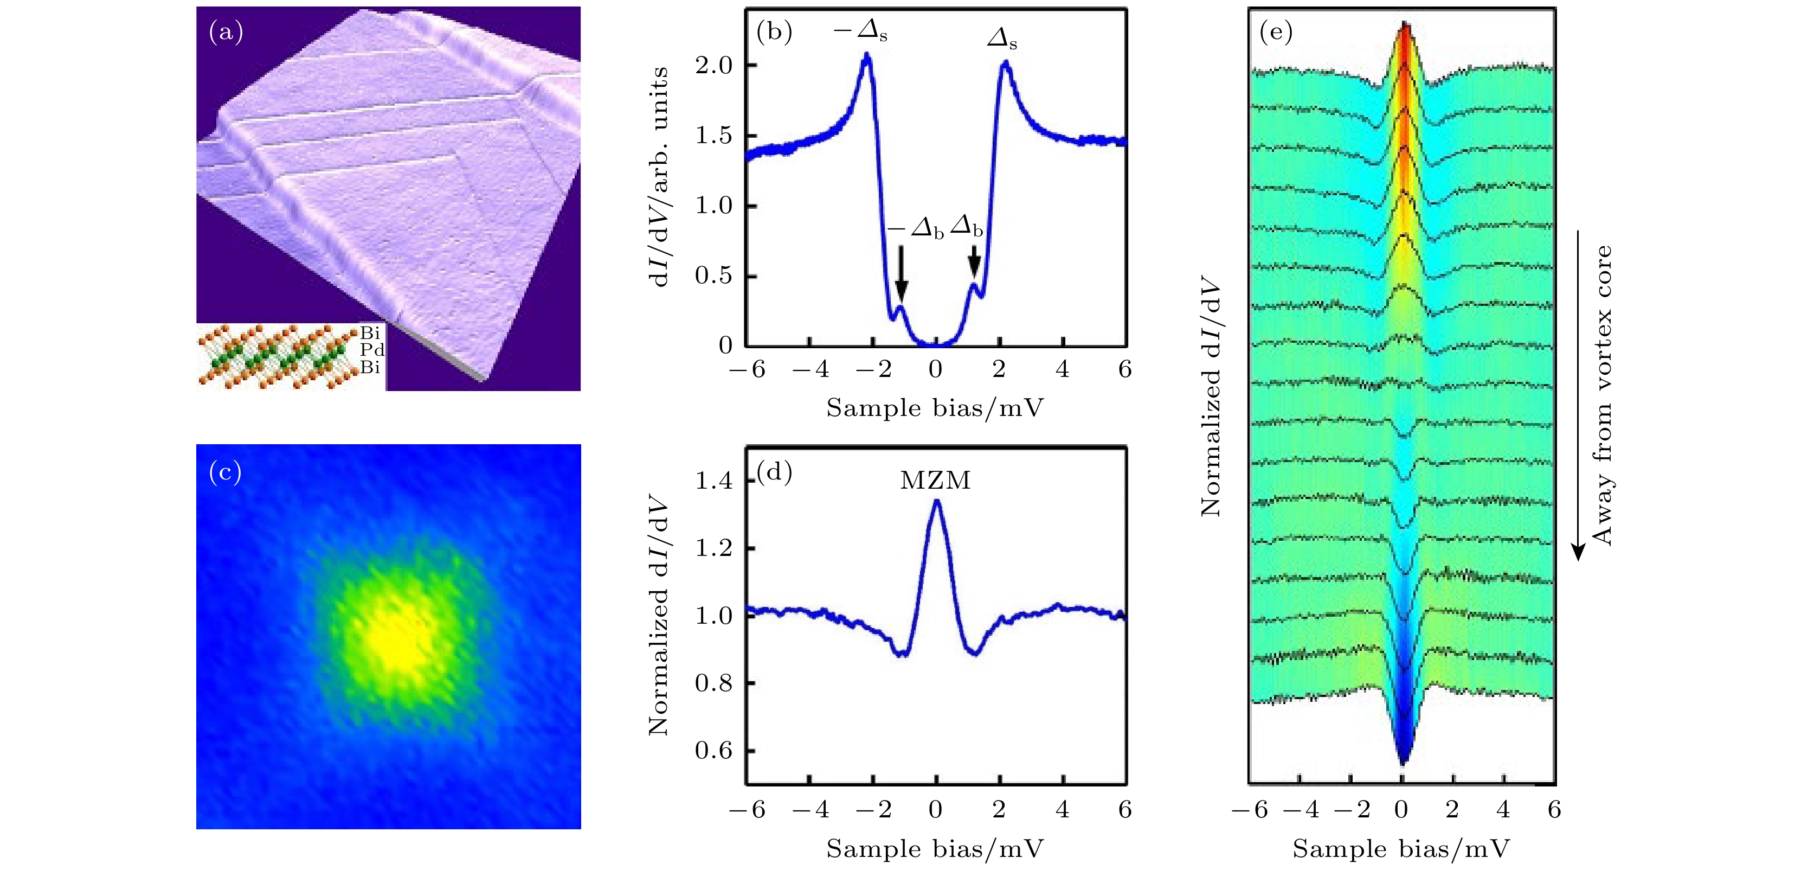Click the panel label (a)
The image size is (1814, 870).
pos(226,33)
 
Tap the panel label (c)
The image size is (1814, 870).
pos(226,472)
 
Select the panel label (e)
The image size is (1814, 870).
pos(1275,33)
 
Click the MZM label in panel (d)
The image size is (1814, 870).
pos(935,481)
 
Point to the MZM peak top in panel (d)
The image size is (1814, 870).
pos(936,502)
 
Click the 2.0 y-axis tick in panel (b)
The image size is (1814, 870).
pos(714,66)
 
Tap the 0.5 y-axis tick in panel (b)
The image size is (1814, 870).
pos(714,276)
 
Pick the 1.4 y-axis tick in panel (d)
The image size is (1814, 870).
pos(714,481)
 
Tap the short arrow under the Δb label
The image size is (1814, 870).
pos(975,261)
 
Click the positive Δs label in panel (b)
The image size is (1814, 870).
pos(1002,39)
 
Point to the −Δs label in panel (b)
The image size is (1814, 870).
pos(860,31)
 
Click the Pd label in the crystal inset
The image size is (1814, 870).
pos(371,350)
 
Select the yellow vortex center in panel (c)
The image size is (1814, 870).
pos(398,634)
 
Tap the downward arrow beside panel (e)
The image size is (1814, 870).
pos(1578,394)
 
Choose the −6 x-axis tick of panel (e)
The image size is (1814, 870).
pos(1250,810)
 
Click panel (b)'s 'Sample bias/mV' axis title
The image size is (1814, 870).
pos(935,408)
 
